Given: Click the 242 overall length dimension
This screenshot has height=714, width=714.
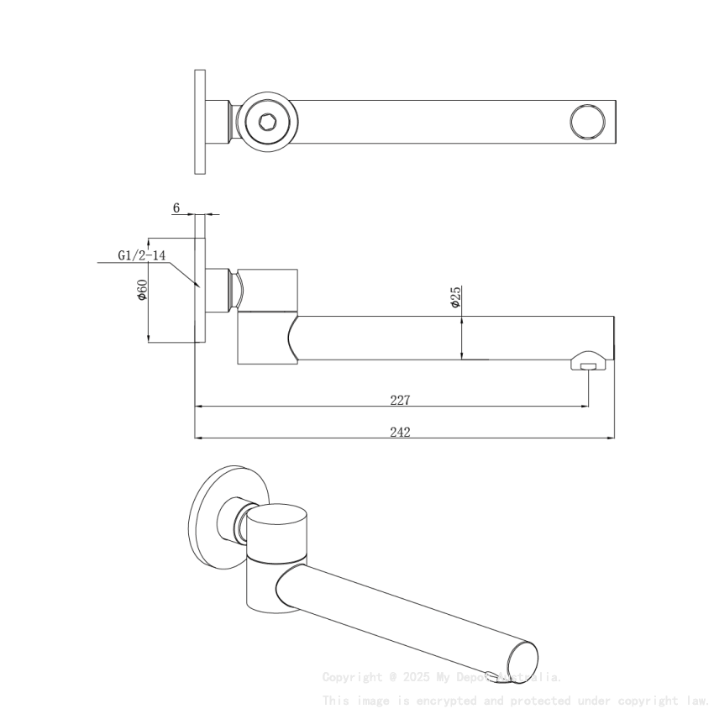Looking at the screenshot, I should [400, 432].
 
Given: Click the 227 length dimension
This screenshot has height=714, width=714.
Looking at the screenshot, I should [400, 400].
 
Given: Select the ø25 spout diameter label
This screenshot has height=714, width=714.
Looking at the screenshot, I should [455, 298].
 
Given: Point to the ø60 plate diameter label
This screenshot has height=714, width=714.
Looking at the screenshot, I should [143, 290].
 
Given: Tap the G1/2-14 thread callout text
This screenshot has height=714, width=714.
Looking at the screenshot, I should [141, 255].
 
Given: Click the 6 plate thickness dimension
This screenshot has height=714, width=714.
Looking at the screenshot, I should [176, 207].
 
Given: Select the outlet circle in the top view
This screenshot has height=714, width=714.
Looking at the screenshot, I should [587, 122].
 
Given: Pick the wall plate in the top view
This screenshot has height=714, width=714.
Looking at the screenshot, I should [200, 122].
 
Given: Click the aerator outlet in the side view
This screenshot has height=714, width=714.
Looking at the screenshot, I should [588, 365].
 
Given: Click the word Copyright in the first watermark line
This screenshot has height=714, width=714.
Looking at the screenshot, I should [352, 677].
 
